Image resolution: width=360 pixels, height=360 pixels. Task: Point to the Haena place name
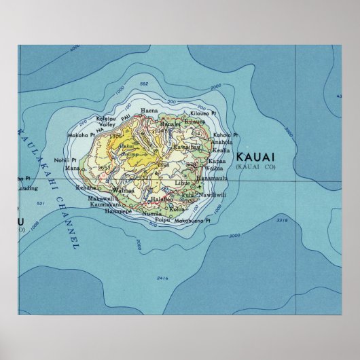[x=148, y=109]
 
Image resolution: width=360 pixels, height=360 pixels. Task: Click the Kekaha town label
[x=86, y=186]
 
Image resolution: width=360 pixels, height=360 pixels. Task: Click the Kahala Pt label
[x=227, y=135]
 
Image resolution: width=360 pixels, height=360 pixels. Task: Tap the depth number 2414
[x=162, y=278]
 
